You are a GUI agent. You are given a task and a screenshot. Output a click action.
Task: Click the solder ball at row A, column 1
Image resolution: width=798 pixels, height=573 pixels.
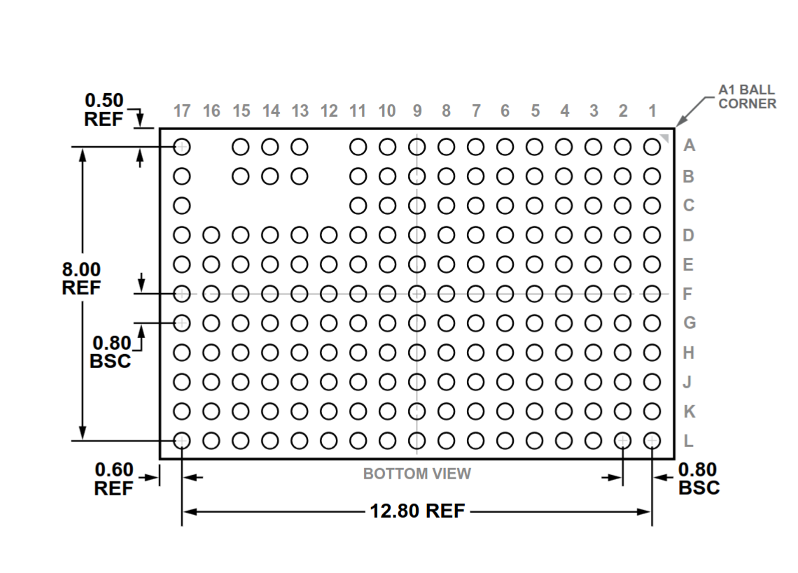[x=652, y=147]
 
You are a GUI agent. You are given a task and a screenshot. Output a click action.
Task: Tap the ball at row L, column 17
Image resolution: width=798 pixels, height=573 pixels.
[x=182, y=441]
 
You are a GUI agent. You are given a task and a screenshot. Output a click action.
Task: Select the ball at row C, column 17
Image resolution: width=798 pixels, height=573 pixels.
[x=182, y=206]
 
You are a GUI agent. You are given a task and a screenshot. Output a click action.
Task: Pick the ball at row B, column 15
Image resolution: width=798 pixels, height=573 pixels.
[x=241, y=176]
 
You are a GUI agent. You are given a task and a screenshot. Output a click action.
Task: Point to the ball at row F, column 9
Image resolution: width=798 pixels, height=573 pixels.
[x=416, y=294]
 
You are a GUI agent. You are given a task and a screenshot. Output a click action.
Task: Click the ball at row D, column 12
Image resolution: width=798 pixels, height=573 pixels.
[x=329, y=235]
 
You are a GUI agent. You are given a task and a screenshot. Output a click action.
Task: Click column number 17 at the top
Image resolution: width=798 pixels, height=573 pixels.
[x=182, y=111]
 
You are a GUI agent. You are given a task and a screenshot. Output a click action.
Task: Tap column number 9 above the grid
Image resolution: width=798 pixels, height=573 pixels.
[x=416, y=111]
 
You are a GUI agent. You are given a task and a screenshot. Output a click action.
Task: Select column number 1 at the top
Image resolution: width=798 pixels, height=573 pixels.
[x=652, y=111]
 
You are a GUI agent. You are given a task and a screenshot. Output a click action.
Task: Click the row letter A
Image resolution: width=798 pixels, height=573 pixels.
[x=689, y=146]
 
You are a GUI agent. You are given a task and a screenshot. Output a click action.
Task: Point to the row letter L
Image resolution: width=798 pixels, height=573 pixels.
[x=688, y=441]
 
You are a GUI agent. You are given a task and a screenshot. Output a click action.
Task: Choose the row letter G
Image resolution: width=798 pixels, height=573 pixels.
[x=689, y=323]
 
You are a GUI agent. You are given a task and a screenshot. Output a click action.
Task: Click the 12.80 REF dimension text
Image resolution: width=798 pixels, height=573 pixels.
[x=417, y=511]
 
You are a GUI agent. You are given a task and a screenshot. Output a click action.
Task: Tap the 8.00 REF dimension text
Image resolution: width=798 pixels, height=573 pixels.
[x=81, y=278]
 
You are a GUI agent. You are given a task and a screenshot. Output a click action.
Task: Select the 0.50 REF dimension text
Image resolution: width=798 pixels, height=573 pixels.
[x=104, y=109]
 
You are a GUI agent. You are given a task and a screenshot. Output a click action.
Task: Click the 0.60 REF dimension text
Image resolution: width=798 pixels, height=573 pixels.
[x=114, y=479]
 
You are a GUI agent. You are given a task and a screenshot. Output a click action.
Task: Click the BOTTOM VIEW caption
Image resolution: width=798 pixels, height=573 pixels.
[x=416, y=474]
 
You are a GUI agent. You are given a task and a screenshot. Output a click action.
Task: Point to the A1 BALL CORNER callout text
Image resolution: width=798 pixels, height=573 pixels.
[x=747, y=97]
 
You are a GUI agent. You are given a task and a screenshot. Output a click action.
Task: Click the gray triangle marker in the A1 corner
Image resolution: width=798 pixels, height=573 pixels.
[x=665, y=137]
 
